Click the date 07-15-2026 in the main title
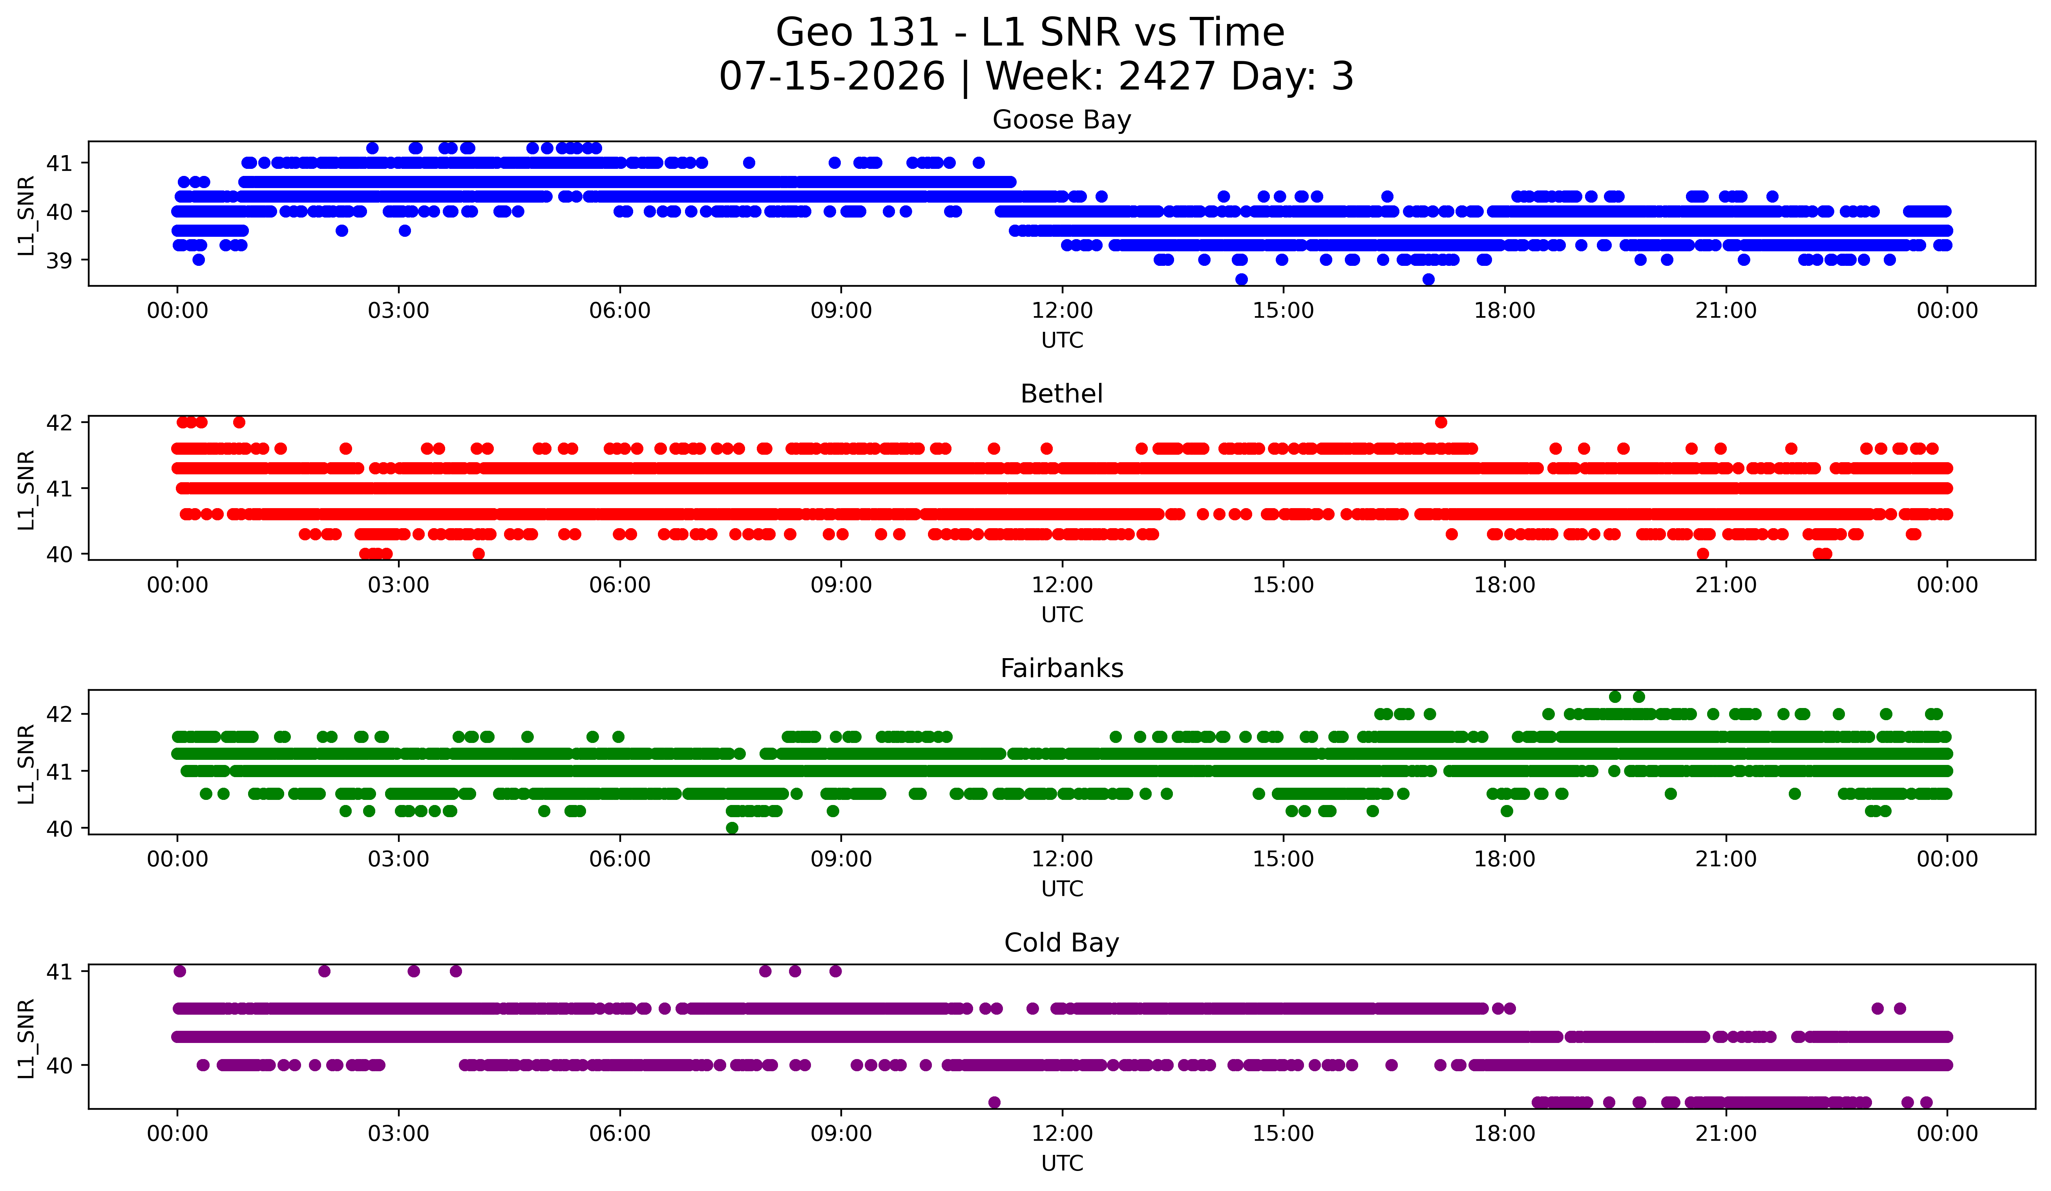click(832, 77)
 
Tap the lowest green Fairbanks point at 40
click(732, 828)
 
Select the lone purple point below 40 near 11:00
click(994, 1102)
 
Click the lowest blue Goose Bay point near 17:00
click(1428, 279)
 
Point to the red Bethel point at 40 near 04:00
click(479, 554)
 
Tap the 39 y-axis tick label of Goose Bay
click(59, 260)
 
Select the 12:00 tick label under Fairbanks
click(1062, 859)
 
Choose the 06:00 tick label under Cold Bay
click(620, 1133)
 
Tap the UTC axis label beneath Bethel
click(1062, 615)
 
